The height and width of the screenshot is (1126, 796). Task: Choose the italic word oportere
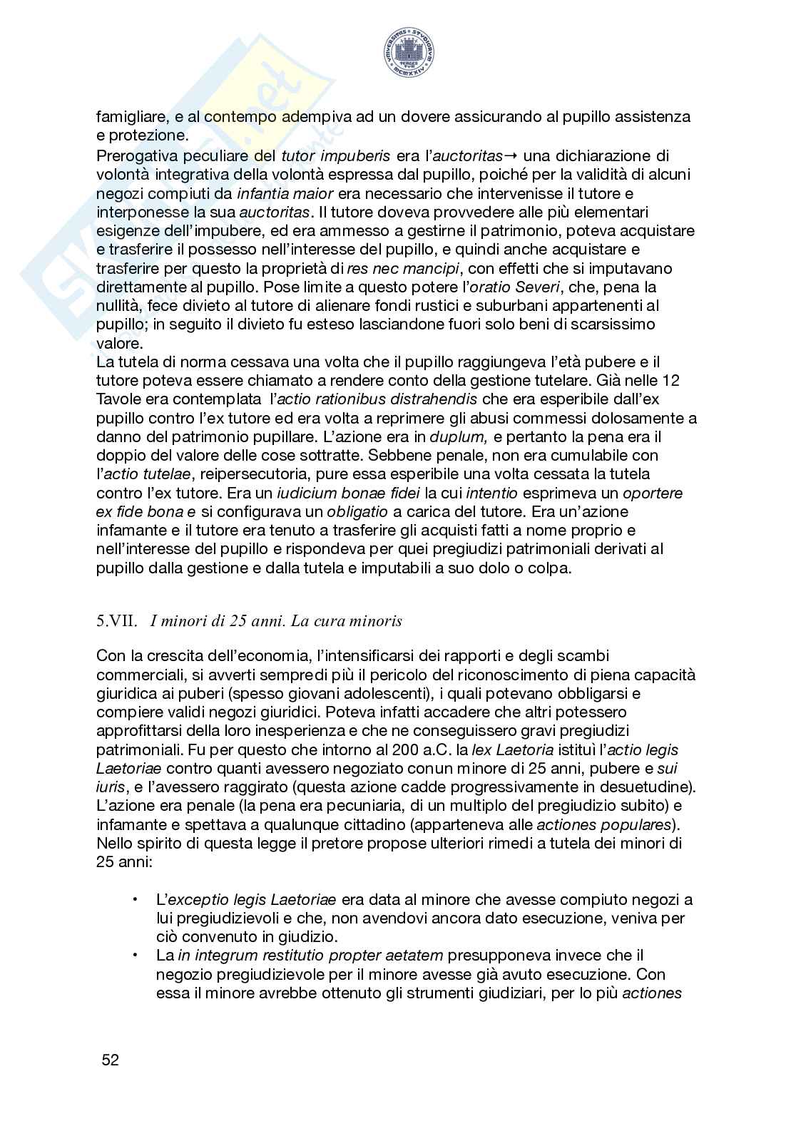(x=653, y=493)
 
